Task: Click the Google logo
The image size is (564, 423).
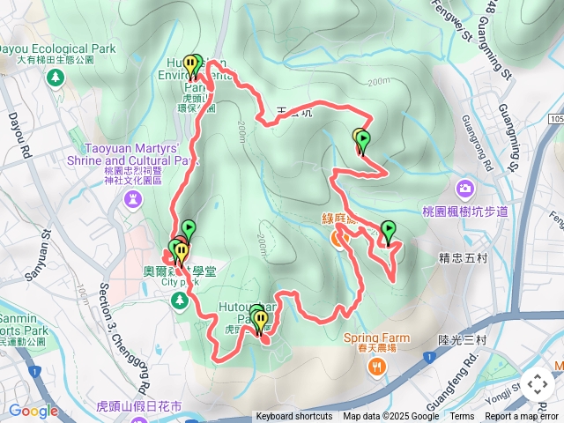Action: tap(33, 411)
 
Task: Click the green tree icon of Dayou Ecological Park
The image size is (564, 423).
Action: tap(56, 78)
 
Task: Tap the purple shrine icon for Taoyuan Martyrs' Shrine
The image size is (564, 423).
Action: tap(132, 200)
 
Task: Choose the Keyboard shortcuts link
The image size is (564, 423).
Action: tap(294, 417)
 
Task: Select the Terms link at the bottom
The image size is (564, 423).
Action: tap(462, 417)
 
